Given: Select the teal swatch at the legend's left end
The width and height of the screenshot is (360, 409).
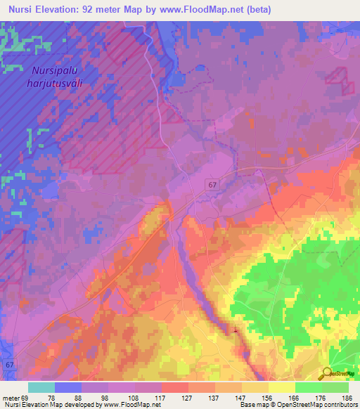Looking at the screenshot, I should tap(41, 387).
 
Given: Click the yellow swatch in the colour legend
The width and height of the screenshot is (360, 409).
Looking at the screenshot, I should tap(282, 387).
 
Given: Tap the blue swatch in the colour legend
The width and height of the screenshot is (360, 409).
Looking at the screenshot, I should tap(68, 387).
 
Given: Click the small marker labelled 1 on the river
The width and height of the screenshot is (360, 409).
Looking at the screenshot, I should tap(235, 329).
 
